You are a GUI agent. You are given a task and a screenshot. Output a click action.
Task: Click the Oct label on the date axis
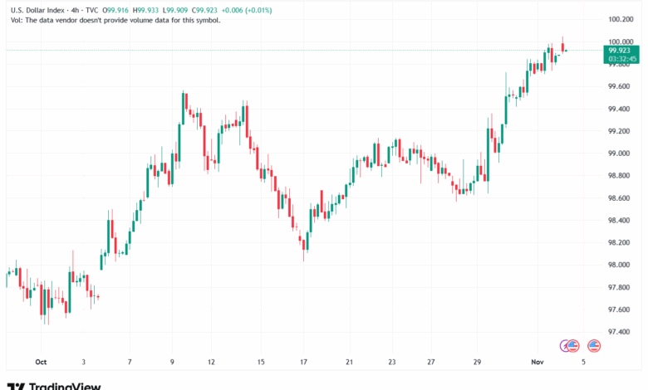tap(41, 363)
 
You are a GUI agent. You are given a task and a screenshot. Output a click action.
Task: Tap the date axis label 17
tap(305, 363)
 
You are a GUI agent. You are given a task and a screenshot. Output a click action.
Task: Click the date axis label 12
tap(212, 363)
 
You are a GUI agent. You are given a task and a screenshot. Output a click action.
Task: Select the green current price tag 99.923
tap(621, 51)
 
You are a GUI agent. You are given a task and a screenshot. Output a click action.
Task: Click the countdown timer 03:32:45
tap(621, 59)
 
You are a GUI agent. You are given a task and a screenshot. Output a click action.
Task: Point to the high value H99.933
tap(147, 10)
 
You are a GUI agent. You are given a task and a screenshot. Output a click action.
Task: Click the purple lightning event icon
tap(570, 345)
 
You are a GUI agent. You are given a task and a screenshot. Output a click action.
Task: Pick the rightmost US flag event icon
tap(594, 345)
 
